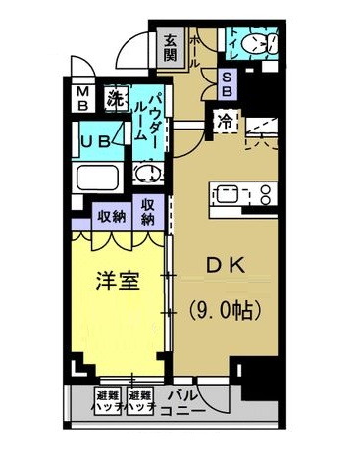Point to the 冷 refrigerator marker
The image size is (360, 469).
pos(225,122)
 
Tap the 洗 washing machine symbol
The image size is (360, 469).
pos(116,98)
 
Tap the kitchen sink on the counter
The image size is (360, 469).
pos(225,193)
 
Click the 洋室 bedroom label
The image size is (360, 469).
pos(117,283)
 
